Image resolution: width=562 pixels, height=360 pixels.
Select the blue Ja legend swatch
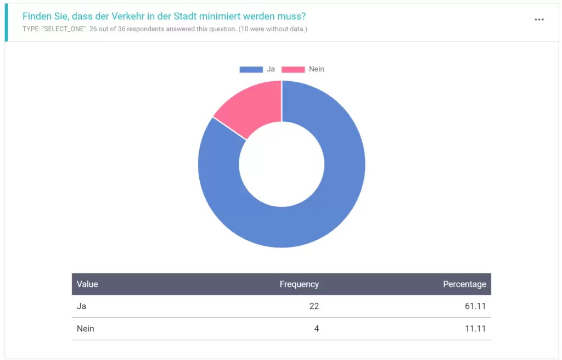pos(251,69)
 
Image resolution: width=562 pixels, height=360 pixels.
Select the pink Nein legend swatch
pos(293,69)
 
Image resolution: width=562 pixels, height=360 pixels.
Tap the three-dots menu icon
pos(539,20)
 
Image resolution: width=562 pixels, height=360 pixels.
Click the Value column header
pos(87,284)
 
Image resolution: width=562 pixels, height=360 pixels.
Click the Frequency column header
pos(299,284)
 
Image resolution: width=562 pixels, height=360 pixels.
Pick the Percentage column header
pos(464,284)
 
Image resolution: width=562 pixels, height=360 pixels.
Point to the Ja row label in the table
pos(82,306)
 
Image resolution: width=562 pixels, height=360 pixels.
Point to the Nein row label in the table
pos(86,329)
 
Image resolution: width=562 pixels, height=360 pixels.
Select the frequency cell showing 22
pos(314,306)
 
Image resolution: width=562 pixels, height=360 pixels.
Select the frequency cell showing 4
pos(316,329)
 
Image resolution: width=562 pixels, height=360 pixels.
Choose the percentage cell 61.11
pos(475,306)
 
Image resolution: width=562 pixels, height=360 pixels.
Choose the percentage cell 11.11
pos(475,329)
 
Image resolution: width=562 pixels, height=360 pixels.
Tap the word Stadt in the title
pos(189,16)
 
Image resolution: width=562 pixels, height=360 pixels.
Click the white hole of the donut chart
pos(282,164)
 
